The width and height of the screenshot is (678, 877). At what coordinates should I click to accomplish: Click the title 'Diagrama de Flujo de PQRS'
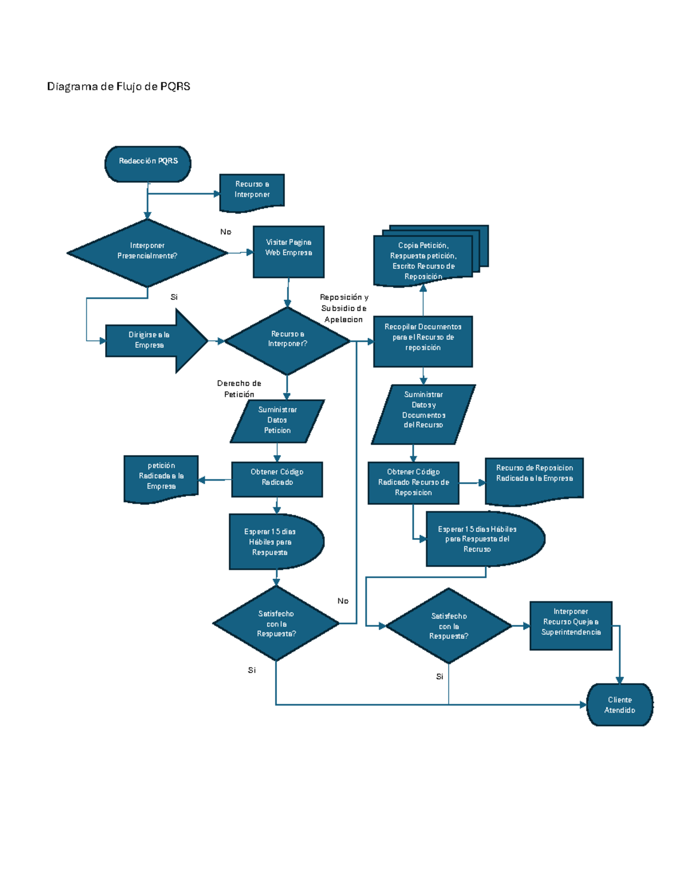click(119, 86)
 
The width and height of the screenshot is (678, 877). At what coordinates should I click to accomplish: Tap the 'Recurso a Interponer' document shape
click(252, 190)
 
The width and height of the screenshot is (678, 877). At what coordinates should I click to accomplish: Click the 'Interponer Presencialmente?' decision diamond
click(147, 251)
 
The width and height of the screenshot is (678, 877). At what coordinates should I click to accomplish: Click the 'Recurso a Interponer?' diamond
click(288, 340)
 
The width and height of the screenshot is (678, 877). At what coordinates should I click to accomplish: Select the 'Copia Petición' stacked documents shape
click(424, 260)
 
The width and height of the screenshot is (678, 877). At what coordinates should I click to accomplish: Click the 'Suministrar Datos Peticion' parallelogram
click(277, 421)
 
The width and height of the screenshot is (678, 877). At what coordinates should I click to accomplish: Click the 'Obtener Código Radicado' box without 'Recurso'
click(277, 478)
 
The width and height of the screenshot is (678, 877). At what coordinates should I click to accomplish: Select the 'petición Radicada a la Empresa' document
click(162, 477)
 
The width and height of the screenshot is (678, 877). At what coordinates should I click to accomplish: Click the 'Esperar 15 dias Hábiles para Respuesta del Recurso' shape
click(480, 539)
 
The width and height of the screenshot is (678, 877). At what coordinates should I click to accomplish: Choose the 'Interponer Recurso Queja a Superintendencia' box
click(571, 624)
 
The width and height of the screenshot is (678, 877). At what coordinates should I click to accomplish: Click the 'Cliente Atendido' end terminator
click(620, 704)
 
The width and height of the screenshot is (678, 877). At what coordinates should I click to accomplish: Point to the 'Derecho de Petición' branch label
click(239, 389)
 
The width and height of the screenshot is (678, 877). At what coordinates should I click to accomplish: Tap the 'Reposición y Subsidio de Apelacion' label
click(344, 308)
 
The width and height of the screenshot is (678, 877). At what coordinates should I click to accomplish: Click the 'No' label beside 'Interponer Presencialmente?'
click(225, 232)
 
